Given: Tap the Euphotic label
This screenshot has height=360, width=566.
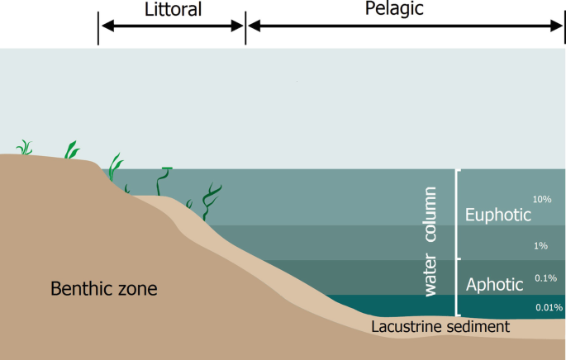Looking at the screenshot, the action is pos(496,215).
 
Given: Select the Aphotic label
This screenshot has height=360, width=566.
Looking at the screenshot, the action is pos(495,285).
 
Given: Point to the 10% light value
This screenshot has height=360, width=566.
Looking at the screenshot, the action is pos(542,200).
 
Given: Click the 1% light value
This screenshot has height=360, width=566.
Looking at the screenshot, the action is pos(541,245).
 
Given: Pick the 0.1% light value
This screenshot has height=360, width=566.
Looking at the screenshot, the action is pos(545,277).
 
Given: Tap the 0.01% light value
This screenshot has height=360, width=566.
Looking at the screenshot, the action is pos(549,307).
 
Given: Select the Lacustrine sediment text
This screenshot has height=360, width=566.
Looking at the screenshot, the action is pos(440,327).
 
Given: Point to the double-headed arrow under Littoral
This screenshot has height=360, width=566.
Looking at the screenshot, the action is pos(172,26).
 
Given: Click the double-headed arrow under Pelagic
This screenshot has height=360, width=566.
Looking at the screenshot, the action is pos(405,26).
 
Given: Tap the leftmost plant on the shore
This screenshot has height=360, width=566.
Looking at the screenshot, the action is pos(25,148).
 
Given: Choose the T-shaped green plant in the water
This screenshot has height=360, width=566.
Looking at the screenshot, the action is pos(165,182).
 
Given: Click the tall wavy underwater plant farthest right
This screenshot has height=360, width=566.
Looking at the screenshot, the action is pos(212,201).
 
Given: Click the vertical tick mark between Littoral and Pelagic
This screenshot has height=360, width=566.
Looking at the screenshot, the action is pos(245,26).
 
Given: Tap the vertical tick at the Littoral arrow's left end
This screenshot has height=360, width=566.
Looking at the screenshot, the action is pos(98,26).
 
